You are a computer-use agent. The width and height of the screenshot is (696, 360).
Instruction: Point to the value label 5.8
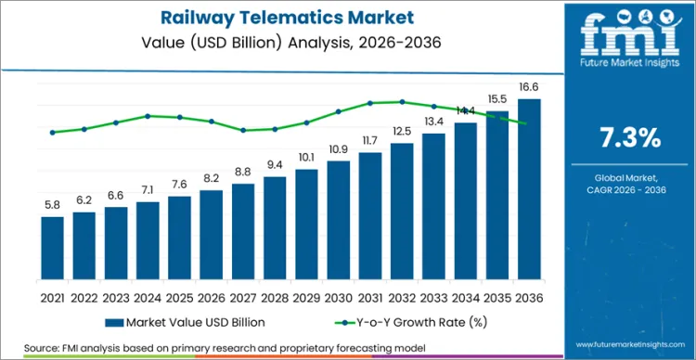click(53, 204)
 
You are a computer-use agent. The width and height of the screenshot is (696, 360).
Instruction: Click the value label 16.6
click(529, 86)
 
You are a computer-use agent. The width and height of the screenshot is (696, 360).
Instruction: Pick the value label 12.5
click(402, 131)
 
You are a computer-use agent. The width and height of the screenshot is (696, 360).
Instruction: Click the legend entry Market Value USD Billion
click(190, 322)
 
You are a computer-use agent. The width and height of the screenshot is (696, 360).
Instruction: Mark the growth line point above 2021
click(53, 132)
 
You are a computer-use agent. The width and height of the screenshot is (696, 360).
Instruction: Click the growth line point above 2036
click(529, 123)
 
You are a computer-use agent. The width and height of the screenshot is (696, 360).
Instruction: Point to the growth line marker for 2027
click(243, 130)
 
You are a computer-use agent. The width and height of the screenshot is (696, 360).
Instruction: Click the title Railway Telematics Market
click(279, 17)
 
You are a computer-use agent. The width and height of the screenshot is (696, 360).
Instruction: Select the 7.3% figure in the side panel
click(629, 138)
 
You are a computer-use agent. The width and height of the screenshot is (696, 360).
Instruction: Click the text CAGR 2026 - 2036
click(629, 190)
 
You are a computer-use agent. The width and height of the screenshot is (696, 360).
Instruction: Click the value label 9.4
click(275, 164)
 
